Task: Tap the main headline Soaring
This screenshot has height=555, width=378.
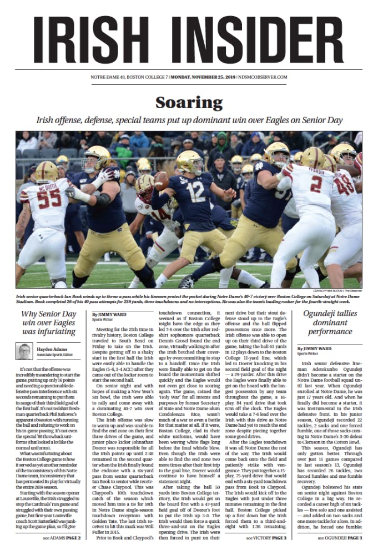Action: click(x=189, y=103)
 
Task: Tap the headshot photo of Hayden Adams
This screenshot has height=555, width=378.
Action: click(x=24, y=351)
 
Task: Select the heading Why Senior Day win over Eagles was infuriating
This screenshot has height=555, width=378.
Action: click(x=48, y=323)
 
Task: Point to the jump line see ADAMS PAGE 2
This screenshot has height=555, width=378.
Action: click(x=63, y=538)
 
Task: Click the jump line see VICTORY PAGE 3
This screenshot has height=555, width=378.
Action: click(x=266, y=538)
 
